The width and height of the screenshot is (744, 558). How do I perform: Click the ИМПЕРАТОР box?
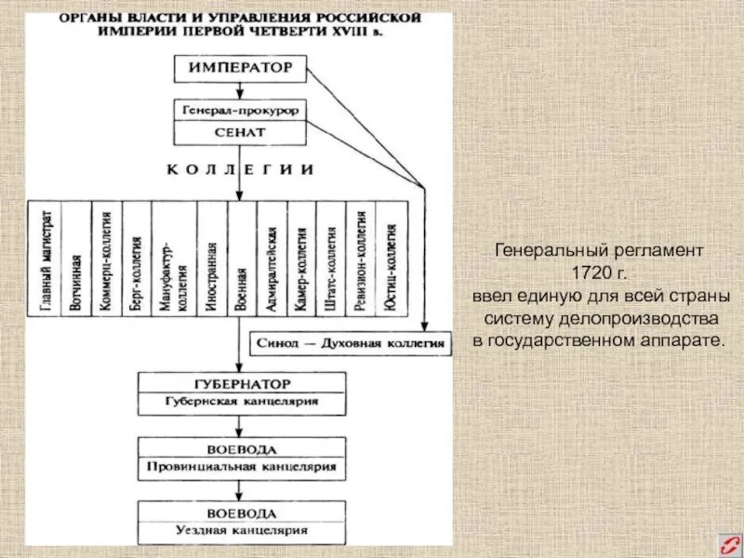coord(241,68)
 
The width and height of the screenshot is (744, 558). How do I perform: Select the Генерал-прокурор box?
coord(240,110)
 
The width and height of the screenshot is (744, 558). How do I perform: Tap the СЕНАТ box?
coord(240,133)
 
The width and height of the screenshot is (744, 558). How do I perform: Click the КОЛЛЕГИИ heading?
coord(240,170)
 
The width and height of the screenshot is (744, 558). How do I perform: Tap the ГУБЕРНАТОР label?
coord(241,383)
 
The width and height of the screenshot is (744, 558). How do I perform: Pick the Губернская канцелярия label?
coord(241,402)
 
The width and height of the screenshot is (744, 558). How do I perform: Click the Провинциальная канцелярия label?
coord(241,466)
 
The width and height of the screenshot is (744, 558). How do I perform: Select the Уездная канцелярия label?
coord(241,529)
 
